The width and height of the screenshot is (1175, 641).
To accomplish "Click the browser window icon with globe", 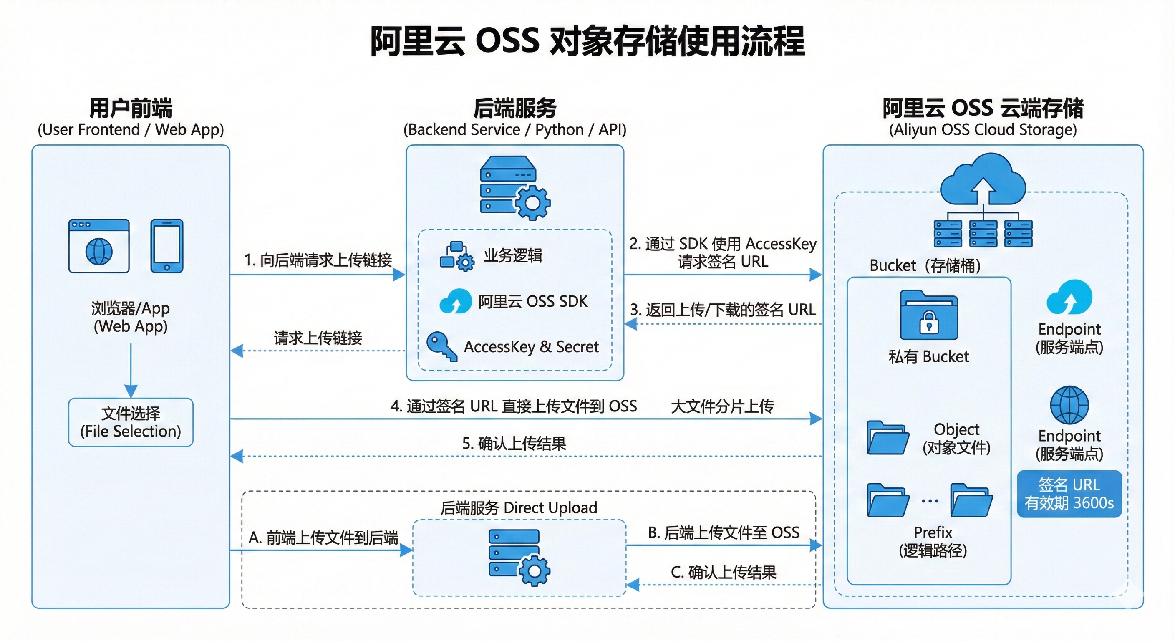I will click(x=99, y=246).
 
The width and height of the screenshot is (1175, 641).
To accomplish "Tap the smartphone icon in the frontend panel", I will click(x=167, y=246).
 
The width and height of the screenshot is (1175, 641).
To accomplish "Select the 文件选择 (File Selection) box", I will click(x=131, y=422).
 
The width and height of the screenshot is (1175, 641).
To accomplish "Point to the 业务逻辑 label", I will click(x=513, y=255).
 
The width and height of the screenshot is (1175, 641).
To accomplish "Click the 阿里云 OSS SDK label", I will click(x=533, y=302).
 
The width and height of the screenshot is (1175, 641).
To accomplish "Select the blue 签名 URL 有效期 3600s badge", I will click(x=1069, y=494).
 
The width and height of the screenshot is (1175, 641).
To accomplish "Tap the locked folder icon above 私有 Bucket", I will click(x=929, y=315).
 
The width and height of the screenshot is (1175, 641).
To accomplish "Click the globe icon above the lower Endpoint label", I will click(x=1069, y=405).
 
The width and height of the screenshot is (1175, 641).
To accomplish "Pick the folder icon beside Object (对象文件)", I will click(x=887, y=438).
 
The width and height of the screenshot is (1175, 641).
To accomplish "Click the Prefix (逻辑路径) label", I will click(x=933, y=542).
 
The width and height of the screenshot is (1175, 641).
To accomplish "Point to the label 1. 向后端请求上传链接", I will click(x=318, y=260).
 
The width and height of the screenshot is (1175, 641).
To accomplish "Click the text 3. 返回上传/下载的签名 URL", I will click(x=723, y=310).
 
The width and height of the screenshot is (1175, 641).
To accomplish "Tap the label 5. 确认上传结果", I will click(x=514, y=444).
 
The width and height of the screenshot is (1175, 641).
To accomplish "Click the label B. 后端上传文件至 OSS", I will click(x=724, y=532).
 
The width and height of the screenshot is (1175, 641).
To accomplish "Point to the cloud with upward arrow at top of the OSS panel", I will click(x=983, y=180).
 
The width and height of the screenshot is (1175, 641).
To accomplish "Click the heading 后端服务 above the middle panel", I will click(x=514, y=109).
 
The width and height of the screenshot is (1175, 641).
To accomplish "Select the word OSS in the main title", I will click(x=507, y=40).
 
